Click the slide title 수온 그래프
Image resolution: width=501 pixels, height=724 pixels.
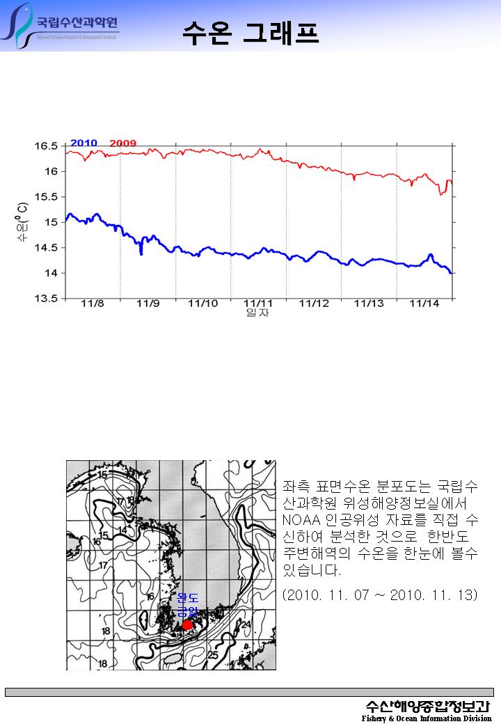[x=251, y=32]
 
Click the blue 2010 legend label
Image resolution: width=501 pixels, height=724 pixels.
[x=83, y=143]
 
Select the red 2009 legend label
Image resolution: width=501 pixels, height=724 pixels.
[x=123, y=143]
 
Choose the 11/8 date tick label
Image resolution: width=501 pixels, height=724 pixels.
[x=93, y=304]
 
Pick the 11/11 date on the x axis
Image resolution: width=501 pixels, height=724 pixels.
[x=258, y=304]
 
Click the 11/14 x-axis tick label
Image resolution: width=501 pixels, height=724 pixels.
[x=424, y=304]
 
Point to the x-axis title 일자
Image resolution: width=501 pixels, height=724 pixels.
[x=258, y=313]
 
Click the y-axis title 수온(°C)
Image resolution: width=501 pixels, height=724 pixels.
[x=22, y=222]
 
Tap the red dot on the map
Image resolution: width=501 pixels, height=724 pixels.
[x=187, y=624]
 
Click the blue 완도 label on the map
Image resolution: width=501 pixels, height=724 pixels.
[x=188, y=598]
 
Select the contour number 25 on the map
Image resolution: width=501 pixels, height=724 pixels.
[x=213, y=655]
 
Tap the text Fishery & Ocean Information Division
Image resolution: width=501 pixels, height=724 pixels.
[x=426, y=718]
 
